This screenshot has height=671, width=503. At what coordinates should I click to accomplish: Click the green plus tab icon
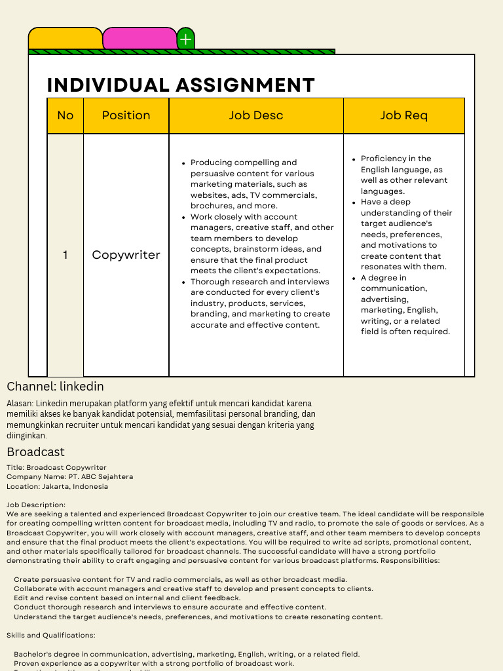(x=186, y=39)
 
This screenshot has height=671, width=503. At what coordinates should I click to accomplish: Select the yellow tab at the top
(x=65, y=39)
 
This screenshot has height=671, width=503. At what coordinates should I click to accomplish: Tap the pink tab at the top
(x=140, y=39)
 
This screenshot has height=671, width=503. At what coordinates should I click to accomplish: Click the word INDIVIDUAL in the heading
(x=108, y=85)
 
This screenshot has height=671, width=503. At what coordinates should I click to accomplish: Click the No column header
(x=65, y=115)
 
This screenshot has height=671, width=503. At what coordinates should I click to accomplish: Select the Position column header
(x=126, y=115)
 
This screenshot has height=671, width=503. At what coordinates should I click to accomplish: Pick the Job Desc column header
(x=256, y=115)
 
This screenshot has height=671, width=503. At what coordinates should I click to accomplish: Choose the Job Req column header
(x=403, y=115)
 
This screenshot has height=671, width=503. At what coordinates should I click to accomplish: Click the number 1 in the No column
(x=65, y=255)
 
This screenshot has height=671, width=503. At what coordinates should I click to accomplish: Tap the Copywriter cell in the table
(x=126, y=255)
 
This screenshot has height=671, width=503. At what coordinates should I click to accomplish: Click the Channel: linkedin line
(x=55, y=387)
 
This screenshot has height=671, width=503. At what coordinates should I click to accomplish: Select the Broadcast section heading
(x=35, y=452)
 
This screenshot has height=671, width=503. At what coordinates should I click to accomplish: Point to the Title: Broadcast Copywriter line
(x=56, y=468)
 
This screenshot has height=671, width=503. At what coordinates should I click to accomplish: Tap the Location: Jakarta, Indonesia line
(x=57, y=486)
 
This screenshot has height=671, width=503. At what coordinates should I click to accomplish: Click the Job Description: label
(x=36, y=505)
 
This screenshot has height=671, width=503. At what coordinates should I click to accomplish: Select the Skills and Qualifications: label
(x=50, y=635)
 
